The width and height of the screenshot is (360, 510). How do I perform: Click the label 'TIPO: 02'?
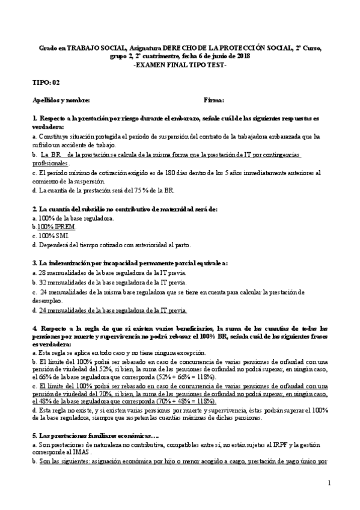click(46, 82)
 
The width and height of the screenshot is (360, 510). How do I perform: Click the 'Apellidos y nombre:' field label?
click(61, 100)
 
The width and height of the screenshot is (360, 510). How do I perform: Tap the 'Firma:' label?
click(214, 100)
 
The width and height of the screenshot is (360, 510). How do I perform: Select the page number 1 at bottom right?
click(329, 483)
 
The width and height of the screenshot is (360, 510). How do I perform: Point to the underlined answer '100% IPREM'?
click(52, 227)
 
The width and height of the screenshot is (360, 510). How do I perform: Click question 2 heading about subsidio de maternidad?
click(124, 209)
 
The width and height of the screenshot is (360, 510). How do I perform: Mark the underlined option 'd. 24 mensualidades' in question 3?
click(110, 310)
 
